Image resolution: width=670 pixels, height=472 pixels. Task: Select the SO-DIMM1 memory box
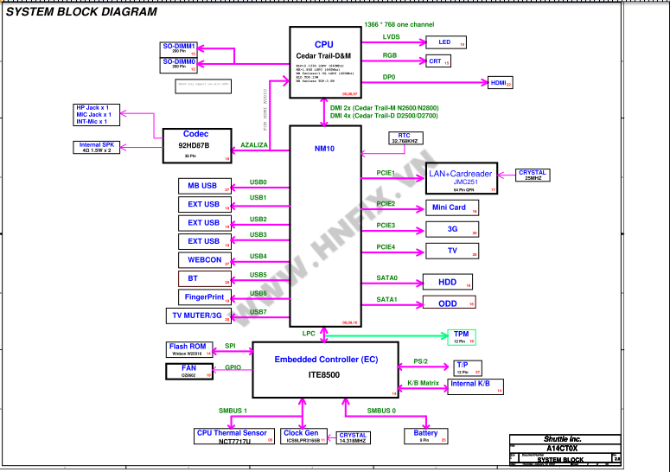coord(180,48)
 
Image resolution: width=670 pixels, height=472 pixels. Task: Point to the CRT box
coord(439,61)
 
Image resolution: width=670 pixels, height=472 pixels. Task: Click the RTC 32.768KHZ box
coord(405,138)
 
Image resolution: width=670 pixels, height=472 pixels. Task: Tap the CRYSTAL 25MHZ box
coord(533,175)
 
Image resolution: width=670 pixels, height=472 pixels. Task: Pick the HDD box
coord(447,283)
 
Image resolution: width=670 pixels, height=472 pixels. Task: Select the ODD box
coord(447,303)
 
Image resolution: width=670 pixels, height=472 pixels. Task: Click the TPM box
coord(460,336)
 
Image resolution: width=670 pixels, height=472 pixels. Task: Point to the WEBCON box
coord(205,260)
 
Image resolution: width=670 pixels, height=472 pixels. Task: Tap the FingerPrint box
coord(205,297)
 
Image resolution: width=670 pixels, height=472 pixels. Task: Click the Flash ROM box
coord(188,349)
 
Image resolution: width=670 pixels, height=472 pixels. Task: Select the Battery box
coord(426,436)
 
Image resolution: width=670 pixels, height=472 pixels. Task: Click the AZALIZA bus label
coord(253,145)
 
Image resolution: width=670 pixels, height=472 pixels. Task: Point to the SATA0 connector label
coord(386,278)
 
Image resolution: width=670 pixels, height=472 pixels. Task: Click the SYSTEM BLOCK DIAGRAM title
coord(82,12)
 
